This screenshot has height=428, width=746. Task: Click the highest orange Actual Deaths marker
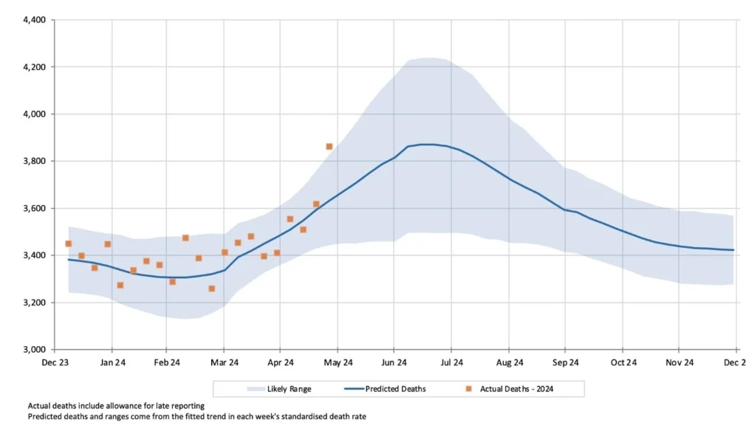coord(329,146)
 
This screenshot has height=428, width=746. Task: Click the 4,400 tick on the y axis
coord(33,20)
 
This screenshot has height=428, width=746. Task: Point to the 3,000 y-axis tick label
coord(33,350)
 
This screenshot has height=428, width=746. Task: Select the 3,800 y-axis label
coord(33,161)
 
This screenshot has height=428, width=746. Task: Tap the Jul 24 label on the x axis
coord(452,362)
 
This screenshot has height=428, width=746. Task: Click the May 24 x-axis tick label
coord(338,362)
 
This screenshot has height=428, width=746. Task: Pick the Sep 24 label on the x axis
coord(565,362)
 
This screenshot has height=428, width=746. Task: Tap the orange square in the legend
coord(468,388)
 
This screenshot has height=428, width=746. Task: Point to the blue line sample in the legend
coord(358,388)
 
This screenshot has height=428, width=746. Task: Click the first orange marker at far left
coord(68,244)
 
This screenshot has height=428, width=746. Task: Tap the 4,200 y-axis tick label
coord(33,67)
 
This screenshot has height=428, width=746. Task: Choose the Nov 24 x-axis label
coord(680,362)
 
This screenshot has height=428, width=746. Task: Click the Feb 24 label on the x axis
coord(167,362)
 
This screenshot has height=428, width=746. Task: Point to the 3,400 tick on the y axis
coord(33,255)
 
